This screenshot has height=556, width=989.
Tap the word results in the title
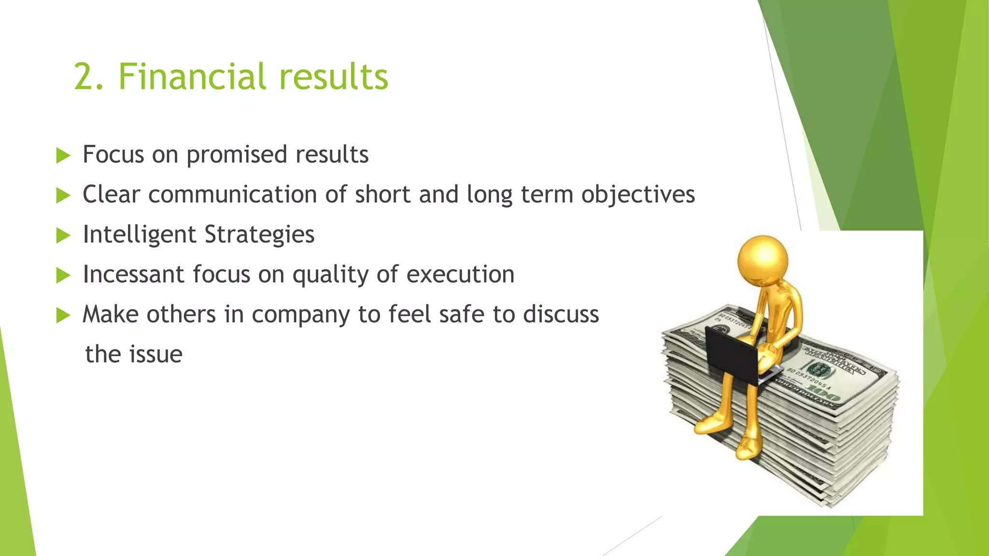[333, 77]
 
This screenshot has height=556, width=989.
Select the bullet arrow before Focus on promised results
[63, 155]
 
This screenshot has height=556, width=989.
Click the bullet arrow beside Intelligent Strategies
[63, 236]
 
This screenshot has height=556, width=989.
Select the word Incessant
[134, 274]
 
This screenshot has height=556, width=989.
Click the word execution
[460, 274]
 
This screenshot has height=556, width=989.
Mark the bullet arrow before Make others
[63, 315]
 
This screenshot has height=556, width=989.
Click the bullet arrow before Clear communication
[63, 195]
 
